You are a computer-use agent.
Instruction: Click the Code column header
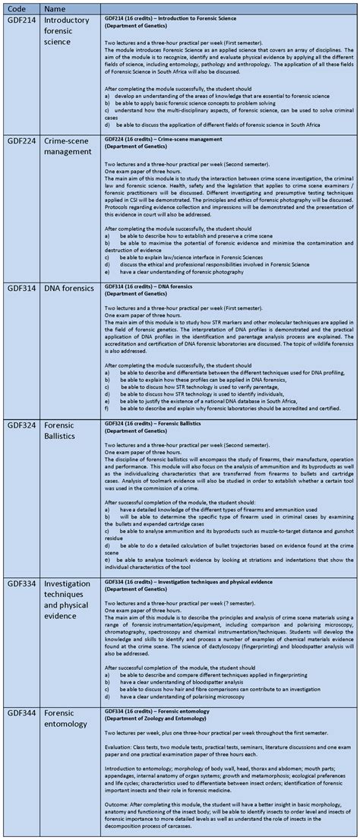[x=18, y=5]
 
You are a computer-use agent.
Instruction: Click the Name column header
[x=57, y=5]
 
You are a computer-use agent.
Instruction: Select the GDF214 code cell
[x=21, y=18]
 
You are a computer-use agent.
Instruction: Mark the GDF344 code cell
[x=21, y=713]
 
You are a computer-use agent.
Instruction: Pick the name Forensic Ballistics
[x=65, y=431]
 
